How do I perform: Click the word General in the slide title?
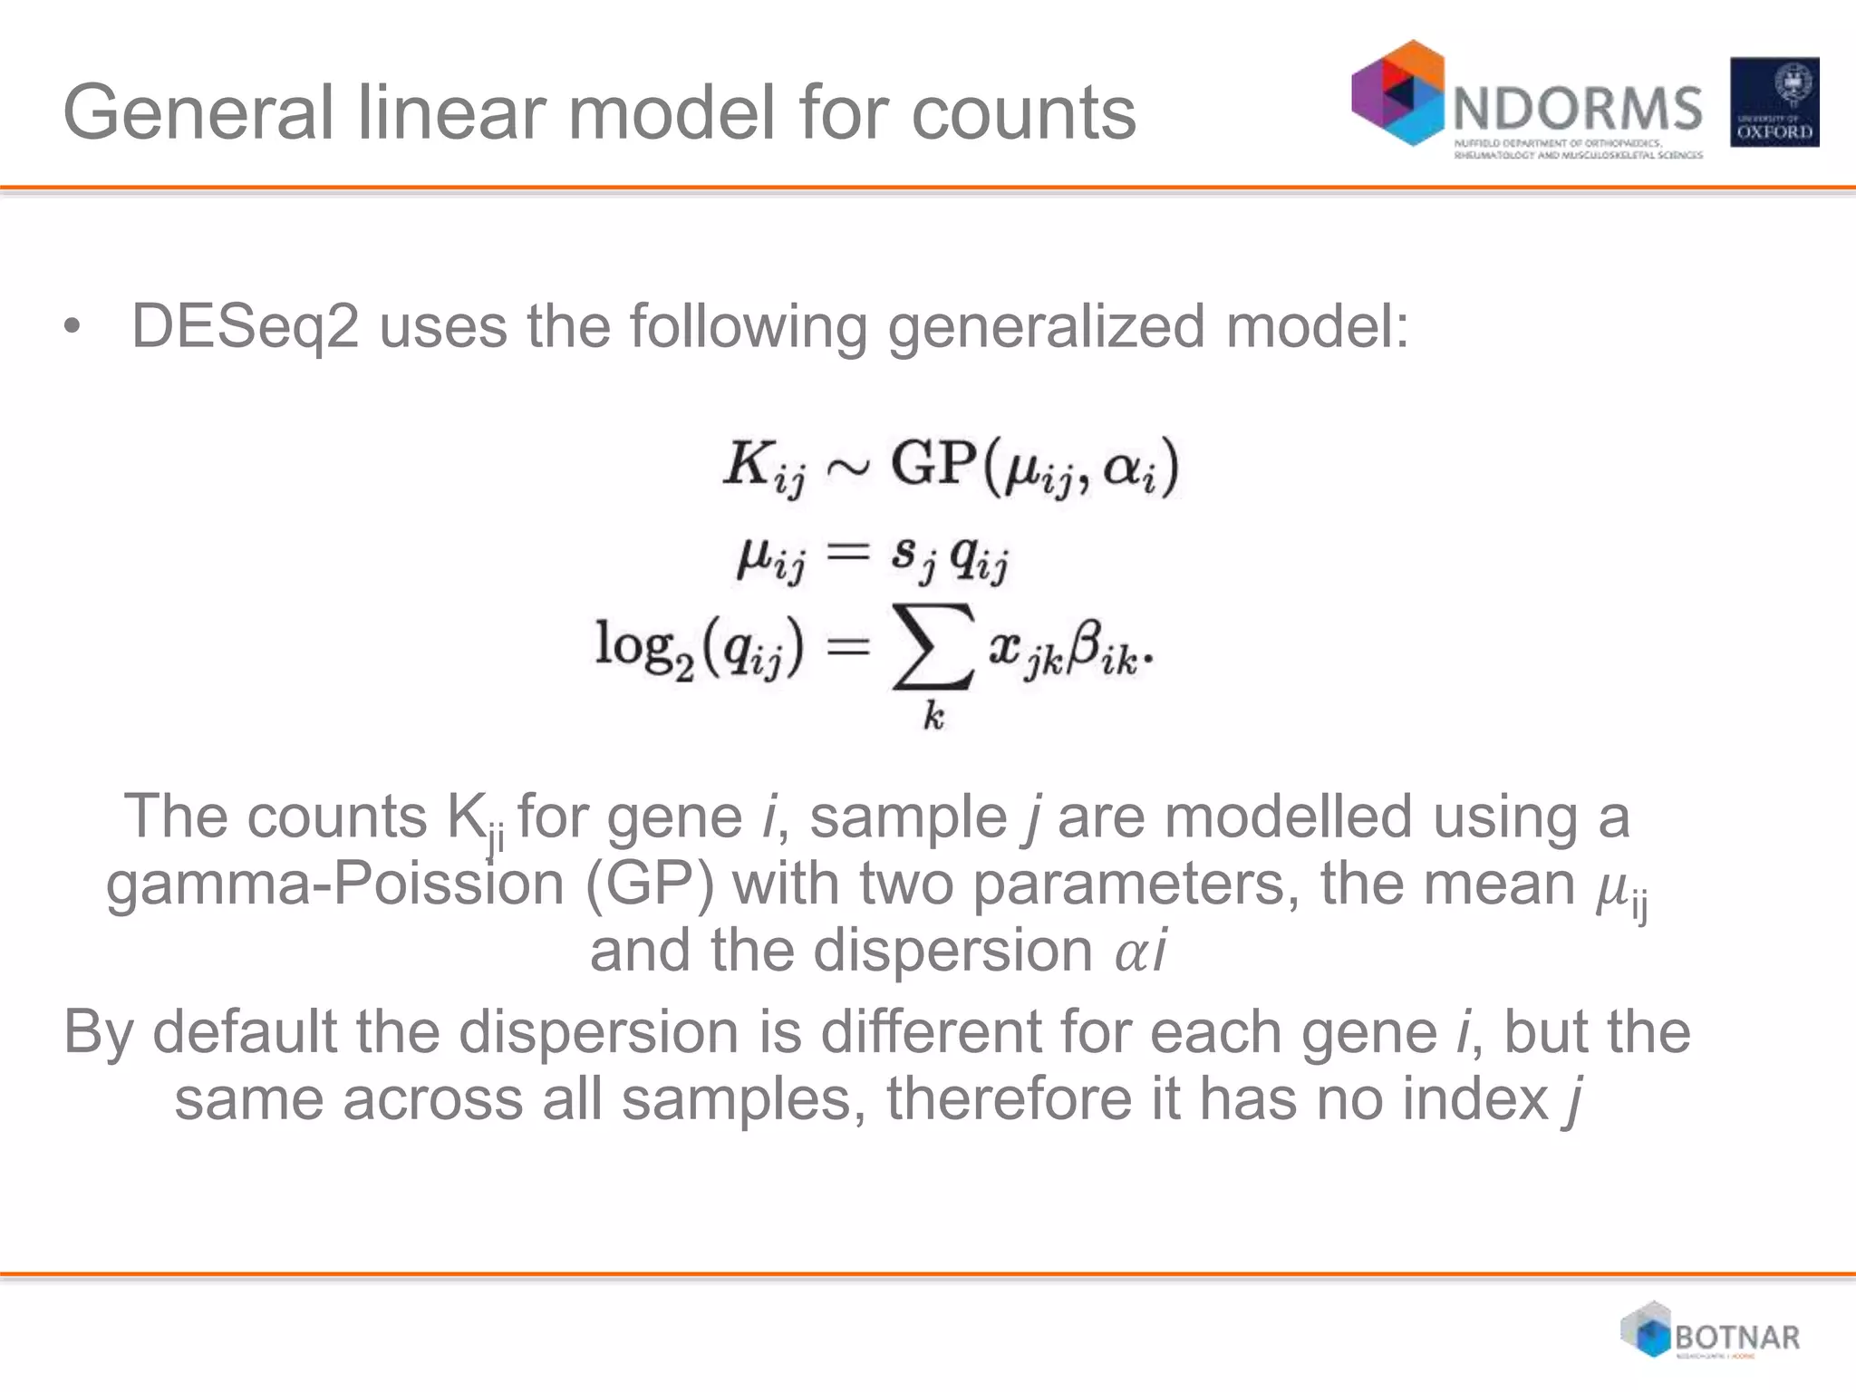pos(199,112)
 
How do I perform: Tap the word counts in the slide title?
pos(1023,114)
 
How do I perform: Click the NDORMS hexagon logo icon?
pos(1397,92)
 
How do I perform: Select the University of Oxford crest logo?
pos(1774,102)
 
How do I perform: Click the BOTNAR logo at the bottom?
pos(1711,1331)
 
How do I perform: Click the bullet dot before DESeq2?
pos(72,327)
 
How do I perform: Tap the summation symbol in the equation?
pos(933,646)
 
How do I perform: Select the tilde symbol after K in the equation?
pos(848,467)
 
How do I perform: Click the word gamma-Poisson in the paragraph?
pos(334,884)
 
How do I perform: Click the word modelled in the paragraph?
pos(1288,817)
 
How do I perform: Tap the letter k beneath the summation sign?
pos(933,717)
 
